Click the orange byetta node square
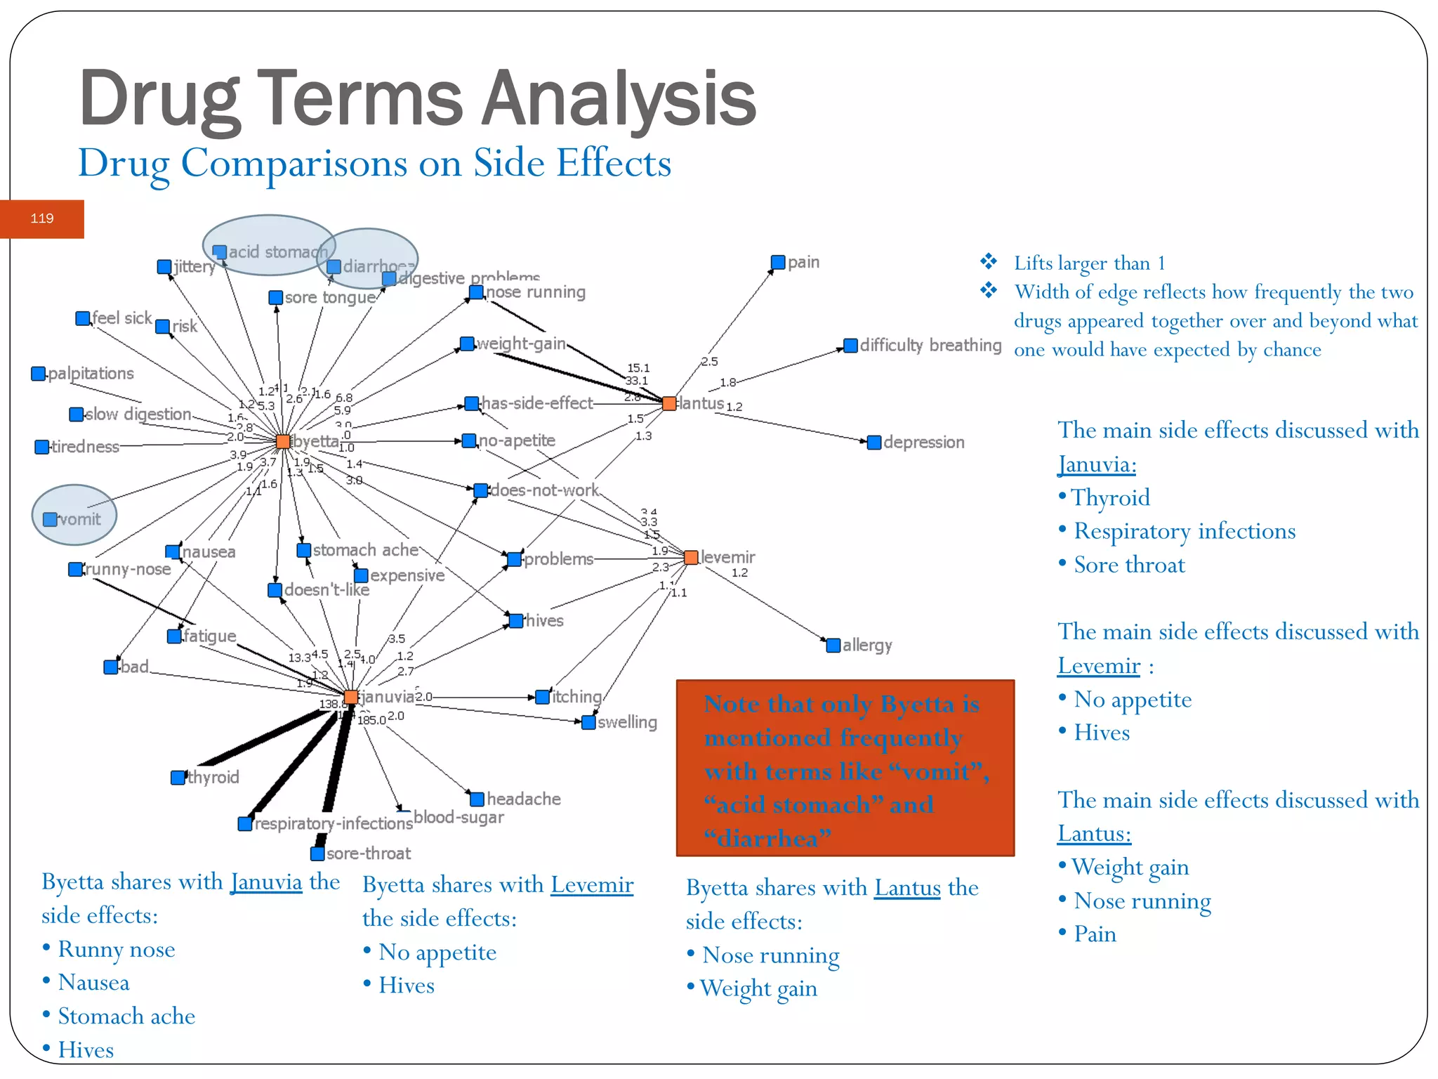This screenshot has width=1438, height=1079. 283,441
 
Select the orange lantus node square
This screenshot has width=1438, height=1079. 669,403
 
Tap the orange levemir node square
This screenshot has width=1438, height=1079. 691,557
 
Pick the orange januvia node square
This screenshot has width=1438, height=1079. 351,697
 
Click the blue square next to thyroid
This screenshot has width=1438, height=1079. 178,777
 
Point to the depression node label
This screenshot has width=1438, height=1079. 923,442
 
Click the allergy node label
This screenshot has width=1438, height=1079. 867,645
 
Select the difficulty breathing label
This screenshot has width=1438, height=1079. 930,345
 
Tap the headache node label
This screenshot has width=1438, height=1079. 524,799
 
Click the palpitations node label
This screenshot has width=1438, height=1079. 91,373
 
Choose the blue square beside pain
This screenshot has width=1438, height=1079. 778,262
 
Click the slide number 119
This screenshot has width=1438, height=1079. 42,218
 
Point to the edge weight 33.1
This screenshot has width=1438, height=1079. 636,381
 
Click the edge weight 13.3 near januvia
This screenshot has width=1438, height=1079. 299,658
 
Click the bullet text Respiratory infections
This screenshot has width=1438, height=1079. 1185,531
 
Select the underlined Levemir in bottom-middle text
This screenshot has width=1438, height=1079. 592,885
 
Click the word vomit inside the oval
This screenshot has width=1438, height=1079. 80,519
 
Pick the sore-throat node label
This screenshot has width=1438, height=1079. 369,854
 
